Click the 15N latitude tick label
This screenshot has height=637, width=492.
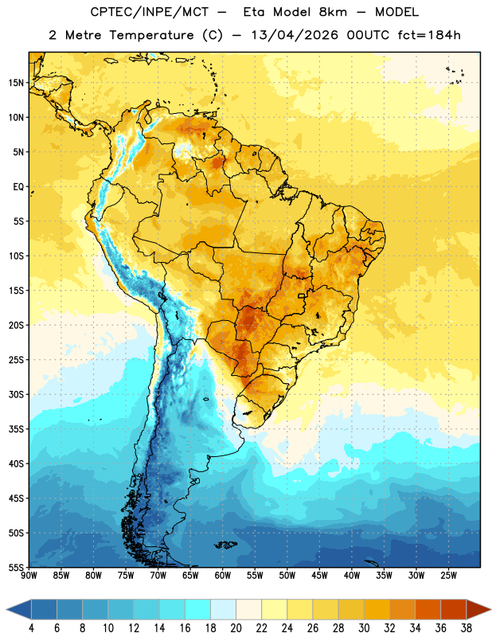17,83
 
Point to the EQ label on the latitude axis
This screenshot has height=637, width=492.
18,187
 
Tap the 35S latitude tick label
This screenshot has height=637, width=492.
17,429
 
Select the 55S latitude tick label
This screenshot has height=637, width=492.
17,568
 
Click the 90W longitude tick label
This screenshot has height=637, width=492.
29,576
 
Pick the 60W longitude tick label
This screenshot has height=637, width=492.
223,576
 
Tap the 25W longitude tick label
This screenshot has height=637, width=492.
448,576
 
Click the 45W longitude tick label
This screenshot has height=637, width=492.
319,576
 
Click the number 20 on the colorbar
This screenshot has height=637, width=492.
236,628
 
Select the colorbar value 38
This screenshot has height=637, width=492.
467,628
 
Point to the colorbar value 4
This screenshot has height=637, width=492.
31,628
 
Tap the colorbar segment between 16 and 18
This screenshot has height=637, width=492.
198,609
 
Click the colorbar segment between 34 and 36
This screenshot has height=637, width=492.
428,609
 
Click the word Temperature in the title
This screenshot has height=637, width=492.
151,35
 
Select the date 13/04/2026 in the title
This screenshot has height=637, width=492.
295,35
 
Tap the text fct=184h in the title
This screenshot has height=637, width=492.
429,35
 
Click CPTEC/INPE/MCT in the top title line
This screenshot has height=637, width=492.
149,12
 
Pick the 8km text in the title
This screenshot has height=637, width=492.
333,12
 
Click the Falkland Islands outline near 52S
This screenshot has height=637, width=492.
225,545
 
